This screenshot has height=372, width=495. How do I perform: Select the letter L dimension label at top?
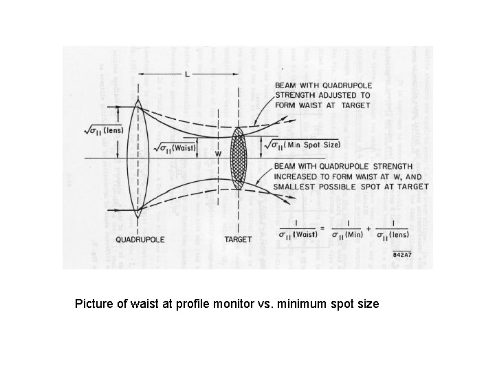pyautogui.click(x=187, y=74)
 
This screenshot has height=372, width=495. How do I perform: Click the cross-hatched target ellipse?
pyautogui.click(x=239, y=158)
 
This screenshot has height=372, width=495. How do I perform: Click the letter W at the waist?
pyautogui.click(x=218, y=154)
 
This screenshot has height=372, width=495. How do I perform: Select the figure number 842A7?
pyautogui.click(x=403, y=254)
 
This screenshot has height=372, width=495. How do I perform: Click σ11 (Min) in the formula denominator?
pyautogui.click(x=347, y=235)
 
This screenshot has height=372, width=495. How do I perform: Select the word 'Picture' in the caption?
pyautogui.click(x=94, y=302)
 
